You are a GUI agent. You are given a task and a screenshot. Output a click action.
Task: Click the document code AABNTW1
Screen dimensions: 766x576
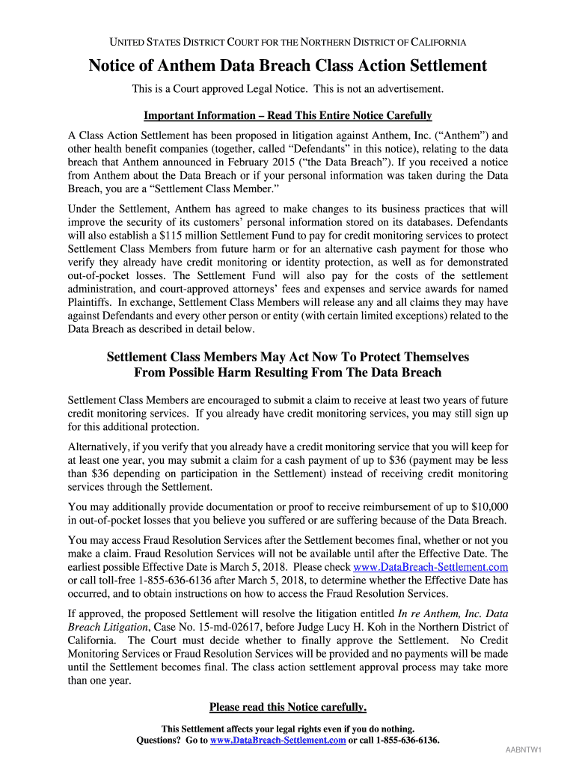point(523,750)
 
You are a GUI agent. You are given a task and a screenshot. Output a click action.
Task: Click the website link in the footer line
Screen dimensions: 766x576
point(278,741)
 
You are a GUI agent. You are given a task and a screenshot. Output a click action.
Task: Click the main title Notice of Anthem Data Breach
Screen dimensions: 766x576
point(288,66)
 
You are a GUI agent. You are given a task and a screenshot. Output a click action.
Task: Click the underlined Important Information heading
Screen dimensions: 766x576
point(288,116)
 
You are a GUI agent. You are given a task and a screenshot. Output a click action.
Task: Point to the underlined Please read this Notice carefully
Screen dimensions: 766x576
point(288,707)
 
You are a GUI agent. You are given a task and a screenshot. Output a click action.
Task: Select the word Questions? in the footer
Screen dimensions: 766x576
point(159,741)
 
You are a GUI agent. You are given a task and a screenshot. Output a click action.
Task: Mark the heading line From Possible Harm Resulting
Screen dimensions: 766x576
point(288,373)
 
